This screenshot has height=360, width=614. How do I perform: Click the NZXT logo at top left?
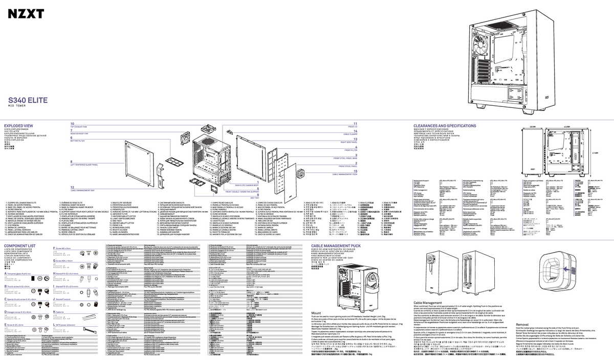coord(25,15)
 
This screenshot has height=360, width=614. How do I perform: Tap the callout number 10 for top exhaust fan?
coord(72,124)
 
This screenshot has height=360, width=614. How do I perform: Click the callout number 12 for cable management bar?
coord(72,188)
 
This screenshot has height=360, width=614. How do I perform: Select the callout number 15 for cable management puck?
coord(355,171)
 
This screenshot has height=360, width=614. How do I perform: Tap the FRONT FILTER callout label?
coord(350,151)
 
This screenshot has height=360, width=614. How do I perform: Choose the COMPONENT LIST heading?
coord(19,245)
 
